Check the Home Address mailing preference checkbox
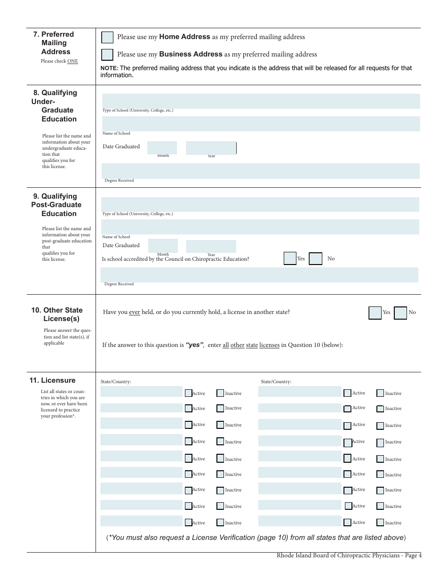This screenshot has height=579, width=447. coord(107,37)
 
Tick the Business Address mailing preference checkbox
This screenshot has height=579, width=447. coord(107,55)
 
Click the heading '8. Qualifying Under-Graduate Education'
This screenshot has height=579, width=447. coord(55,106)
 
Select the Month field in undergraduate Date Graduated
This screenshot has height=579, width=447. coord(162,147)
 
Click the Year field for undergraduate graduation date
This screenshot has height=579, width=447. coord(211,148)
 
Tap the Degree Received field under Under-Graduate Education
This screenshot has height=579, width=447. coord(260,171)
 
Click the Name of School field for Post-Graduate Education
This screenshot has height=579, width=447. coord(260,226)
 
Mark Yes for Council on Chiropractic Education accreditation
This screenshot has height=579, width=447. coord(290,258)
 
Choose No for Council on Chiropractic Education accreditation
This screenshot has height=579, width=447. coord(315,258)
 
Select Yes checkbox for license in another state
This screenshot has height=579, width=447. coord(375,313)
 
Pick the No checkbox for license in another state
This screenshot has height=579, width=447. coord(400,313)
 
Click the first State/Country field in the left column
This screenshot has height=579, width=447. coord(141,392)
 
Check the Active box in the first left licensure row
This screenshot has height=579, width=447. coord(188,393)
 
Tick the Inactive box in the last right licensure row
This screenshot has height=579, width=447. coord(380,523)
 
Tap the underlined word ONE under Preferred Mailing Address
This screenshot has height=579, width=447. coord(72,61)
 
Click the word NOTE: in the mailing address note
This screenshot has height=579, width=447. coord(109,68)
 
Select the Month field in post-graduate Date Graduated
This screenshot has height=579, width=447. coord(163,246)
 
